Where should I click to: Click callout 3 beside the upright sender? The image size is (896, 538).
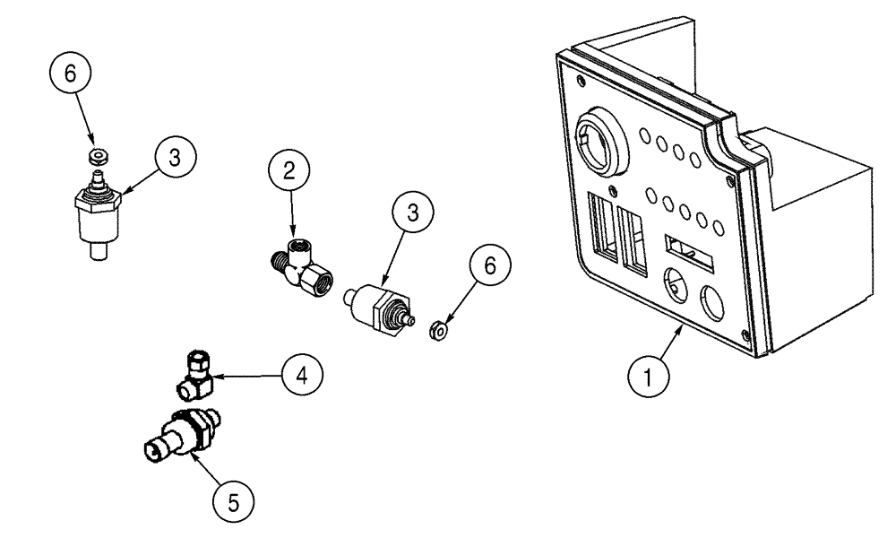coord(174,157)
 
